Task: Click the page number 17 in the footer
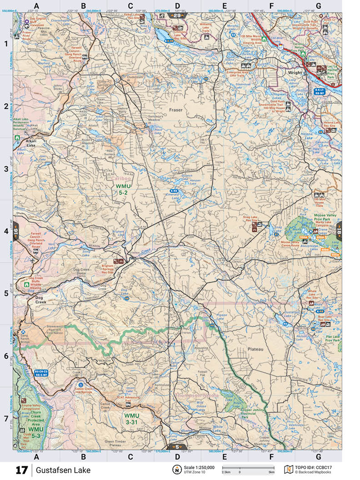(21, 470)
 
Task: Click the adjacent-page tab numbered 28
(175, 15)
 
